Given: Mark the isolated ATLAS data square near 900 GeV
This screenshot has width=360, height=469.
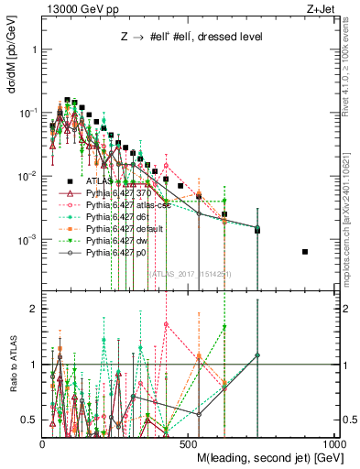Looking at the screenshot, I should click(305, 252).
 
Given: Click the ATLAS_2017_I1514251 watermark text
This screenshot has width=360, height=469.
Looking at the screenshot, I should click(190, 274).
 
